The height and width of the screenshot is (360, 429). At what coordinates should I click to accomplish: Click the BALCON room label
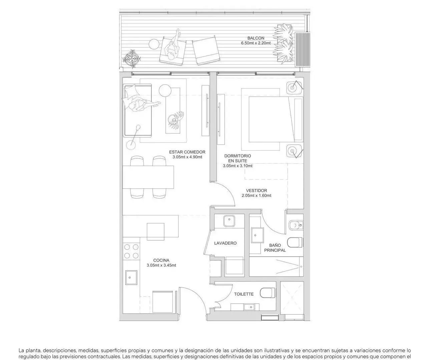pyautogui.click(x=256, y=38)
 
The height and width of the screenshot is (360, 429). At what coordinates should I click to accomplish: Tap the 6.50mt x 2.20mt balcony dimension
pyautogui.click(x=256, y=43)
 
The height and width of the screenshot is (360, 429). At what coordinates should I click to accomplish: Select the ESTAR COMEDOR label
pyautogui.click(x=187, y=152)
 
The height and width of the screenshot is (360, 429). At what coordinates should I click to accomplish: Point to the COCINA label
pyautogui.click(x=161, y=260)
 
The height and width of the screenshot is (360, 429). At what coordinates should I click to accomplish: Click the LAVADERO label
pyautogui.click(x=226, y=243)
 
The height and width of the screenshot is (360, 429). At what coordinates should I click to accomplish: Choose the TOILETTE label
pyautogui.click(x=244, y=294)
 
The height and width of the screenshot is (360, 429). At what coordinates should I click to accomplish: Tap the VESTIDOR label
pyautogui.click(x=257, y=191)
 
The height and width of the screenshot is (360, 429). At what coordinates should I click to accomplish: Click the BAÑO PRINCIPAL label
pyautogui.click(x=275, y=248)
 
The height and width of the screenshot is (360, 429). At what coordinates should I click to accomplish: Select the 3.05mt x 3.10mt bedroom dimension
pyautogui.click(x=238, y=166)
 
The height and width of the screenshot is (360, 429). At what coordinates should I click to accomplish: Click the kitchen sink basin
pyautogui.click(x=131, y=277)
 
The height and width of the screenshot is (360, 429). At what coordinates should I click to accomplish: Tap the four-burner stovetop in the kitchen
pyautogui.click(x=131, y=251)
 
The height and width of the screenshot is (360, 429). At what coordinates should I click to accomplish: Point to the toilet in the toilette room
pyautogui.click(x=268, y=293)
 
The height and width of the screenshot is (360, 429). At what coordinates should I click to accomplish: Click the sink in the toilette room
pyautogui.click(x=249, y=307)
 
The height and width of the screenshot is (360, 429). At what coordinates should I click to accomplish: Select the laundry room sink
pyautogui.click(x=229, y=221)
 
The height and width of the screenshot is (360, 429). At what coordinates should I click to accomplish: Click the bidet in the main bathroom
pyautogui.click(x=296, y=225)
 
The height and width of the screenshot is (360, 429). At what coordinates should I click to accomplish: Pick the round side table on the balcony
pyautogui.click(x=154, y=44)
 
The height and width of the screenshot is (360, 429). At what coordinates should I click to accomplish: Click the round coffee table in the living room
pyautogui.click(x=165, y=91)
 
